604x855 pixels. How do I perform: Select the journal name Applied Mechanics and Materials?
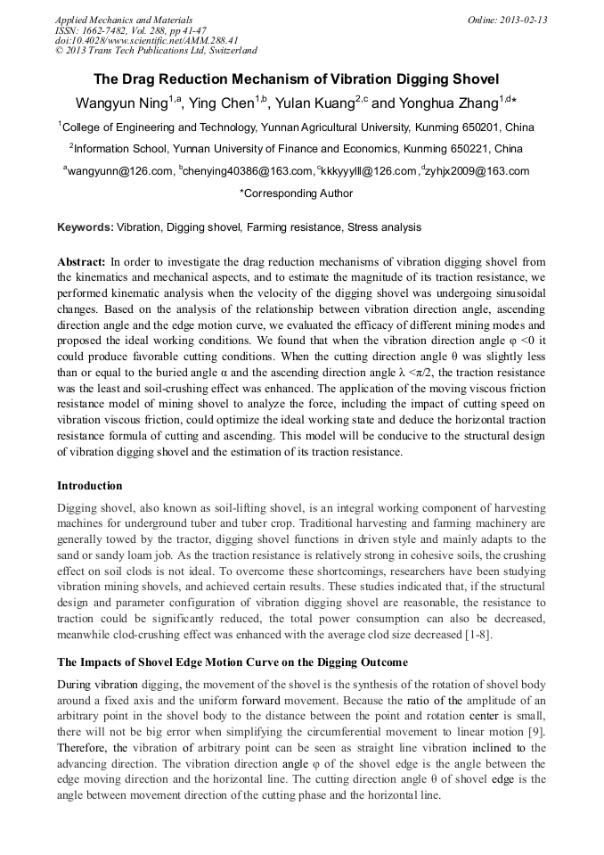pyautogui.click(x=124, y=20)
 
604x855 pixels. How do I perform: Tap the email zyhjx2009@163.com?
pyautogui.click(x=479, y=171)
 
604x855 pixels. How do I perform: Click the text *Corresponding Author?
pyautogui.click(x=296, y=193)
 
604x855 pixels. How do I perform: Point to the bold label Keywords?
pyautogui.click(x=86, y=227)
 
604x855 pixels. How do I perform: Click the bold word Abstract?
pyautogui.click(x=81, y=262)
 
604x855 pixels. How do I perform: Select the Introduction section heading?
pyautogui.click(x=90, y=486)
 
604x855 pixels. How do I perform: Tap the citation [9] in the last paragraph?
pyautogui.click(x=535, y=732)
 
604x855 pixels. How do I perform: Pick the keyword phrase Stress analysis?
pyautogui.click(x=384, y=227)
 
